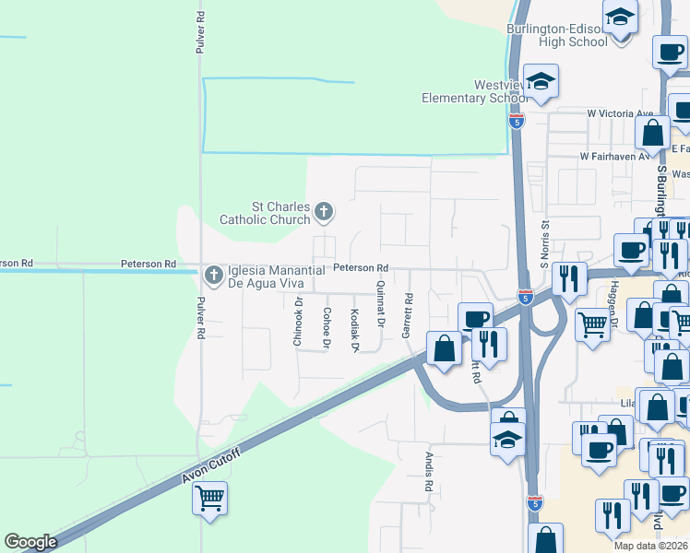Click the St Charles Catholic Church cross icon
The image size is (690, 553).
[x=323, y=212]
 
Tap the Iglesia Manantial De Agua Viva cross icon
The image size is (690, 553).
[x=214, y=274]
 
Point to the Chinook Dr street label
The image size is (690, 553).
[x=298, y=323]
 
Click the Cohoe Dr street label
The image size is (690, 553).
[x=327, y=328]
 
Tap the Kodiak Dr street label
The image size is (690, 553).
[x=354, y=329]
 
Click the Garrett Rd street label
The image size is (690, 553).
[x=407, y=316]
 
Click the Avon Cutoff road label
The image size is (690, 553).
[x=211, y=466]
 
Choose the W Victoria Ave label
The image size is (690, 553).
[x=620, y=113]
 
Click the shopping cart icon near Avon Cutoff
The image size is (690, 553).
[x=210, y=499]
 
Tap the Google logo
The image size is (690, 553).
[x=30, y=542]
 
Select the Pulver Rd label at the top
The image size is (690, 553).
[x=199, y=32]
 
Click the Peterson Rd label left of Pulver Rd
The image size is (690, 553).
[x=148, y=265]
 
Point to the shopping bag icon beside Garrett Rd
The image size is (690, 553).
[x=444, y=348]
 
